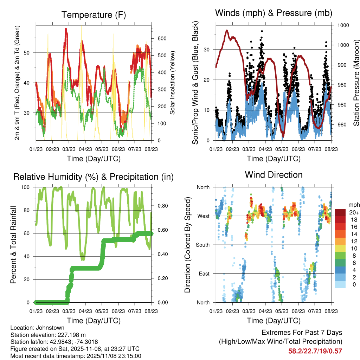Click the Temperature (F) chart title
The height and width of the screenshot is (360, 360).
[x=94, y=15]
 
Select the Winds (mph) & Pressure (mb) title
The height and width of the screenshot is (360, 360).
[x=274, y=13]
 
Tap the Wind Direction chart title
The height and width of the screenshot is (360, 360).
[x=274, y=175]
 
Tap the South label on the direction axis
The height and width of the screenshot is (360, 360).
[x=203, y=245]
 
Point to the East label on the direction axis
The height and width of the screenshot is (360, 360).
[x=204, y=274]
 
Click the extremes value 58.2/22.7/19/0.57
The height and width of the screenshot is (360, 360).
[x=315, y=351]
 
